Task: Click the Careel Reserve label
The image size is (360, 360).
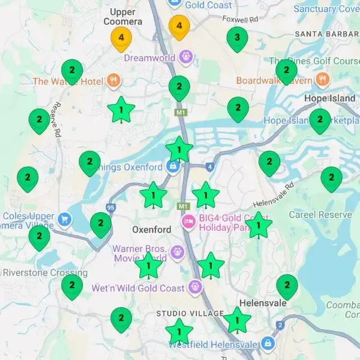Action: click(x=320, y=215)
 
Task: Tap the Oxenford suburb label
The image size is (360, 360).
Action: click(x=151, y=230)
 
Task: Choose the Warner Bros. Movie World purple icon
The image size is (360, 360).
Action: click(x=176, y=252)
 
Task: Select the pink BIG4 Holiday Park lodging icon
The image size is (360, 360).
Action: click(x=189, y=222)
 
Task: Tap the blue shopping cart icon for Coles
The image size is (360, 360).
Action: click(x=64, y=218)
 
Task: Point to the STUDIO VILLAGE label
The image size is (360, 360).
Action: click(x=185, y=314)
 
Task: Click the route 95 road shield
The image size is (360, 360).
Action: click(x=110, y=208)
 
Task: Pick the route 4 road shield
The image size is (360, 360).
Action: click(x=209, y=166)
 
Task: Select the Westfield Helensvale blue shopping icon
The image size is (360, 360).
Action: click(x=268, y=344)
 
